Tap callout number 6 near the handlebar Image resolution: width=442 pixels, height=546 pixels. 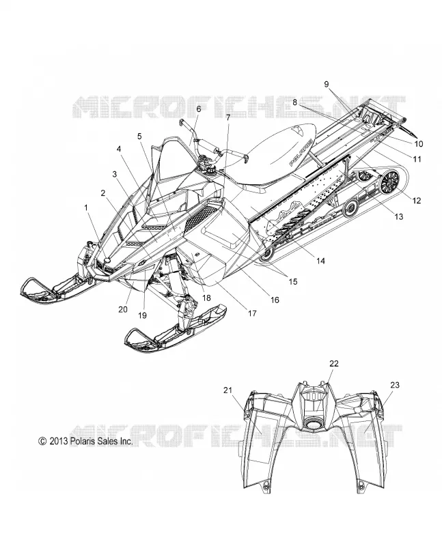198,109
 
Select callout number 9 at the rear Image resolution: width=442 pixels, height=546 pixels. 327,84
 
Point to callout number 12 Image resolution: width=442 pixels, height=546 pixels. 417,201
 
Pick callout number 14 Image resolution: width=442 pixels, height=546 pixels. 320,261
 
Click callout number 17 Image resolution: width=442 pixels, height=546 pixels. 252,313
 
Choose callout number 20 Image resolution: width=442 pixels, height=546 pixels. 123,309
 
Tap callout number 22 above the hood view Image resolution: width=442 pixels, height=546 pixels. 334,364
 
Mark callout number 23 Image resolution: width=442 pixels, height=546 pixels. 395,385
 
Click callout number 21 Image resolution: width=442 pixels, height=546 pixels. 227,390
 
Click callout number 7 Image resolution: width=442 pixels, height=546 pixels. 228,117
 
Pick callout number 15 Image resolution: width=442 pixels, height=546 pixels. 293,281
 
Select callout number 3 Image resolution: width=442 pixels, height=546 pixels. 114,174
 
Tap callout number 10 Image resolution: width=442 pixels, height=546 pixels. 419,143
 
